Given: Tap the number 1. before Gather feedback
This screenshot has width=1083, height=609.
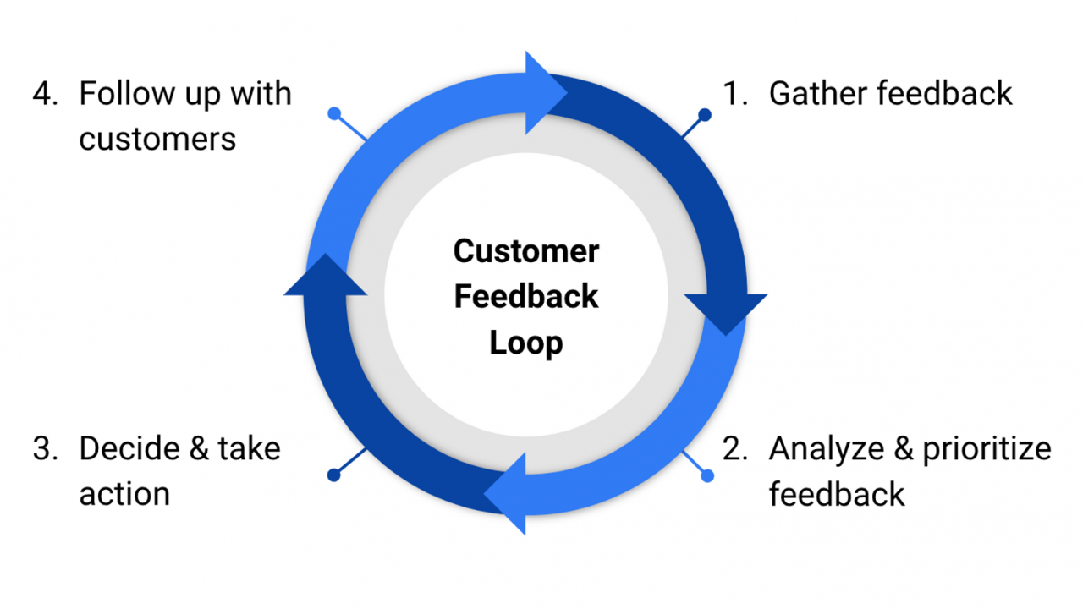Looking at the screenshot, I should point(735,94).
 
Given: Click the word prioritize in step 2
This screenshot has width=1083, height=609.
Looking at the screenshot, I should point(987,449).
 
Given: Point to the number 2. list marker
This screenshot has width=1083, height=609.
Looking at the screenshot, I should point(735,449).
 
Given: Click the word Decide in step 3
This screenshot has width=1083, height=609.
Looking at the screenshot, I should point(129,448).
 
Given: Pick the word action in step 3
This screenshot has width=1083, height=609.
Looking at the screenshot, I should point(124,493).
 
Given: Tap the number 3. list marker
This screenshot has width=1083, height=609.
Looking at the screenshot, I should point(46,448).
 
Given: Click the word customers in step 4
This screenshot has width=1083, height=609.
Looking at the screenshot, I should point(157,139).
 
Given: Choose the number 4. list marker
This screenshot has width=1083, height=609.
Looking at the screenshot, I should point(46,94).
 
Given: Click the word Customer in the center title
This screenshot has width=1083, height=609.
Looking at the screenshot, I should point(526,251).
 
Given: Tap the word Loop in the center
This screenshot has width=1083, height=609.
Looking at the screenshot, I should point(526,343).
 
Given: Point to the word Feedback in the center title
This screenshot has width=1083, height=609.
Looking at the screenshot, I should point(526,297).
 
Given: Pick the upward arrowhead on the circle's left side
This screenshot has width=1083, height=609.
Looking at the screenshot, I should point(326,277).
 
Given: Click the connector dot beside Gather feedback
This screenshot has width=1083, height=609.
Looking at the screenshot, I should point(704,114).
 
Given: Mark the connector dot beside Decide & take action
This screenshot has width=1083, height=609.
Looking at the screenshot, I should point(334,475).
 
